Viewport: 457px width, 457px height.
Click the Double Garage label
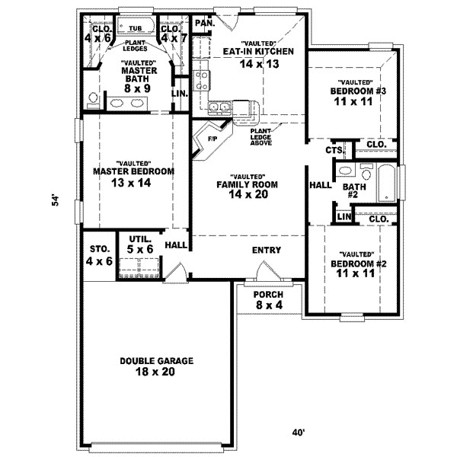tap(156, 367)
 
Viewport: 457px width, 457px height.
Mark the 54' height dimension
tap(55, 200)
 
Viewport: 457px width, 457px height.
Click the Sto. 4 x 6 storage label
tap(101, 255)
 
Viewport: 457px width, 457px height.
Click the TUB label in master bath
tap(136, 28)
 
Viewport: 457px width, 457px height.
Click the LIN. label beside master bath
tap(180, 94)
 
